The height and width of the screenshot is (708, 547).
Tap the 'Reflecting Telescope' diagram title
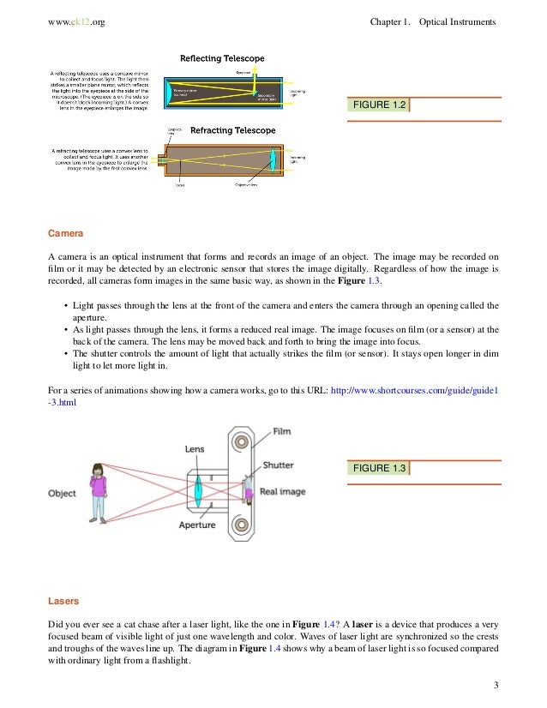click(221, 59)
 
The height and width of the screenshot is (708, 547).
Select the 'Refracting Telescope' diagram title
click(221, 130)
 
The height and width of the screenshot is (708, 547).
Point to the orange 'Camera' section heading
click(65, 232)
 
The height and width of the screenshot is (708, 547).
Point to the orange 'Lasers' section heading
click(64, 602)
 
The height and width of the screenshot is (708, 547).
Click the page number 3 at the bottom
click(496, 685)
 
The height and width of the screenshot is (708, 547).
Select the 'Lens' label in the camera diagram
click(194, 448)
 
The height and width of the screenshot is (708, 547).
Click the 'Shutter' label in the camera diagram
click(278, 465)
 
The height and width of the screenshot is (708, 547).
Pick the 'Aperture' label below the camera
click(197, 525)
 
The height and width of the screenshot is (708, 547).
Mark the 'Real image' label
click(282, 492)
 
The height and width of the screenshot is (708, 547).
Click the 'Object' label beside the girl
click(62, 494)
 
